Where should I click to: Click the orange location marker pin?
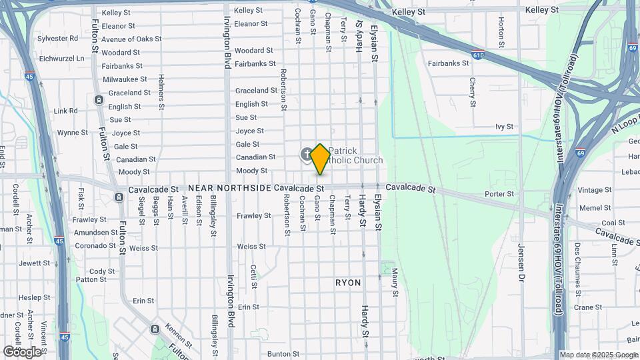click(320, 159)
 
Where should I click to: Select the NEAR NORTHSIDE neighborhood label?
click(229, 189)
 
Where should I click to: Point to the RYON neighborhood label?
click(348, 283)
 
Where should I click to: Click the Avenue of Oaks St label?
click(131, 39)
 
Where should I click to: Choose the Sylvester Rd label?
click(58, 39)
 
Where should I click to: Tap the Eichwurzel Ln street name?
click(62, 59)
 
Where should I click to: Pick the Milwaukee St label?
click(125, 79)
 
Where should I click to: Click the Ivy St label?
click(504, 126)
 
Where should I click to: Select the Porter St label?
click(499, 194)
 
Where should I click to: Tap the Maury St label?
click(395, 282)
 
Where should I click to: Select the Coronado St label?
click(95, 245)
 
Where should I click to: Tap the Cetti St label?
click(254, 276)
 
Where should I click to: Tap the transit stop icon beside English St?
click(99, 100)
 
